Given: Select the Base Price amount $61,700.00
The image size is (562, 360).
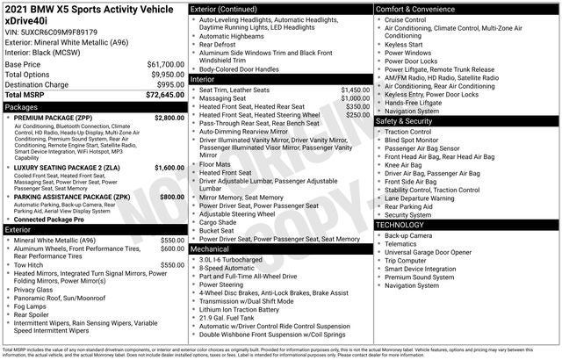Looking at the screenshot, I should pyautogui.click(x=165, y=64).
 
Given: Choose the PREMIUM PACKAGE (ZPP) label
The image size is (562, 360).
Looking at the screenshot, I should pyautogui.click(x=61, y=117).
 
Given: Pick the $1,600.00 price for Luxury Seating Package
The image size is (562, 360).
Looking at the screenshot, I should pyautogui.click(x=169, y=167).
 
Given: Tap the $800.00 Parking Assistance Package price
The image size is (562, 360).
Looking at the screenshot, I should pyautogui.click(x=172, y=198).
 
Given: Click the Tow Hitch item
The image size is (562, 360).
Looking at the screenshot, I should pyautogui.click(x=28, y=263).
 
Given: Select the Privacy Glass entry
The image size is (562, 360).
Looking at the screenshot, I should pyautogui.click(x=33, y=289).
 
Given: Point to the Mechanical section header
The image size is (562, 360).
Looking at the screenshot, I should pyautogui.click(x=210, y=248).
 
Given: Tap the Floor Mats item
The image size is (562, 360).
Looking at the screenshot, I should pyautogui.click(x=215, y=164).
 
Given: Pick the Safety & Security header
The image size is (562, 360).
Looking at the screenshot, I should pyautogui.click(x=412, y=120).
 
